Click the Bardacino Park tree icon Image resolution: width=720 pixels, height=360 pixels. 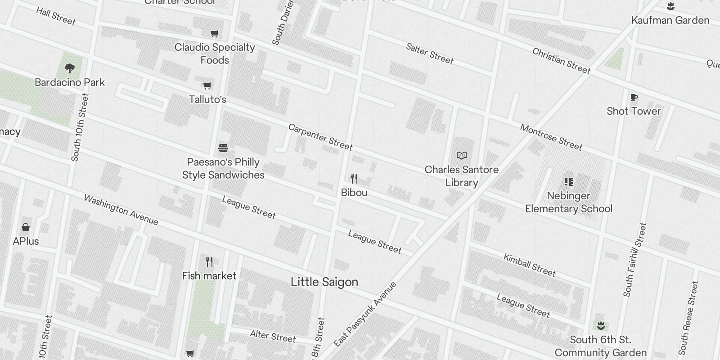(x=69, y=68)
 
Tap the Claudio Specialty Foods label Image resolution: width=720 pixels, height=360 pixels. (x=215, y=54)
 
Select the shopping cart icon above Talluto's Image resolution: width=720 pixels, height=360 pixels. (x=207, y=85)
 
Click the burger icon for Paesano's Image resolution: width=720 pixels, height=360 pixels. (x=223, y=148)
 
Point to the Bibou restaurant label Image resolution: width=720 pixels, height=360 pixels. (x=354, y=193)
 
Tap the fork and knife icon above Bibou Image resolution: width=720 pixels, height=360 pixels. (x=354, y=179)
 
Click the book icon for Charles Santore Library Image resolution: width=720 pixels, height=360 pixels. (x=461, y=156)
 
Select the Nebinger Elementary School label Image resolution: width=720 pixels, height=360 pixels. (x=568, y=202)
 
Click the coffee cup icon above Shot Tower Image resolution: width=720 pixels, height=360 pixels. (x=634, y=97)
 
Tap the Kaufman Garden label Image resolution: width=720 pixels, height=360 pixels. (x=670, y=20)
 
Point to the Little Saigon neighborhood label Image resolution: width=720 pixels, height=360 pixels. (x=324, y=282)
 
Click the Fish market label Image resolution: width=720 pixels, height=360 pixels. (x=209, y=276)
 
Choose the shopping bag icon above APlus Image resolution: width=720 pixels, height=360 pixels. (x=26, y=227)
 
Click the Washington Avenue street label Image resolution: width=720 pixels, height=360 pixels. (x=121, y=210)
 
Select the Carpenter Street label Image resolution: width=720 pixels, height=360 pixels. (x=320, y=137)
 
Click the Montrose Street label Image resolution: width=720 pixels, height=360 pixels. (x=551, y=137)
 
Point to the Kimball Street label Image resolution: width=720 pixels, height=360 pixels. (x=529, y=265)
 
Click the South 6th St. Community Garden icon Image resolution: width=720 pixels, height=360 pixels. (x=600, y=325)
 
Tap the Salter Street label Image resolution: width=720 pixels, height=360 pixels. (x=429, y=54)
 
